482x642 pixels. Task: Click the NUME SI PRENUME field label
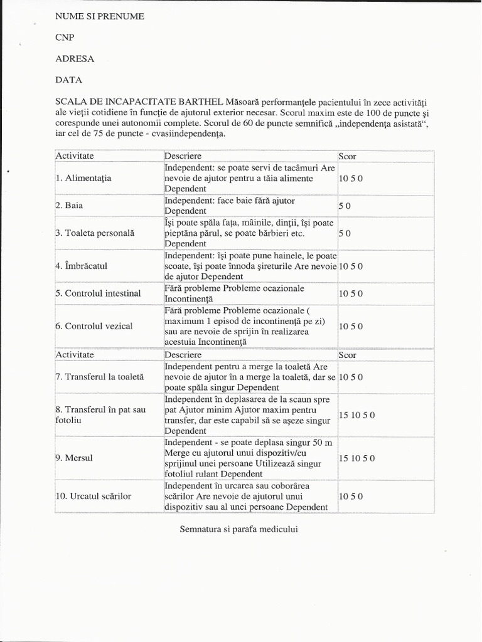coord(100,16)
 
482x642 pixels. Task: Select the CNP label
coord(65,38)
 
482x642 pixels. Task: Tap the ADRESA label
coord(75,59)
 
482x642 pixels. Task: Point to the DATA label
coord(68,80)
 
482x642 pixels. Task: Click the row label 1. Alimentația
coord(83,178)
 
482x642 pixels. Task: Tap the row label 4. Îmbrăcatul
coord(82,266)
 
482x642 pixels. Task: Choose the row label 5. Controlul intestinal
coord(98,293)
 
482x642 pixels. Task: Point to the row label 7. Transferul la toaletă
coord(100,377)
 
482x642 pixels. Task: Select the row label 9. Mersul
coord(74,458)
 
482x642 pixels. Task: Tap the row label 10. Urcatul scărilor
coord(94,496)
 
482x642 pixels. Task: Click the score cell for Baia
coord(345,206)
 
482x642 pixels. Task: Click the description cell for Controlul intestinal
coord(249,293)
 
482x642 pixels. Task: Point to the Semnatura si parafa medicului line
coord(238,529)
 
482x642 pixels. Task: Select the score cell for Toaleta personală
coord(345,233)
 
